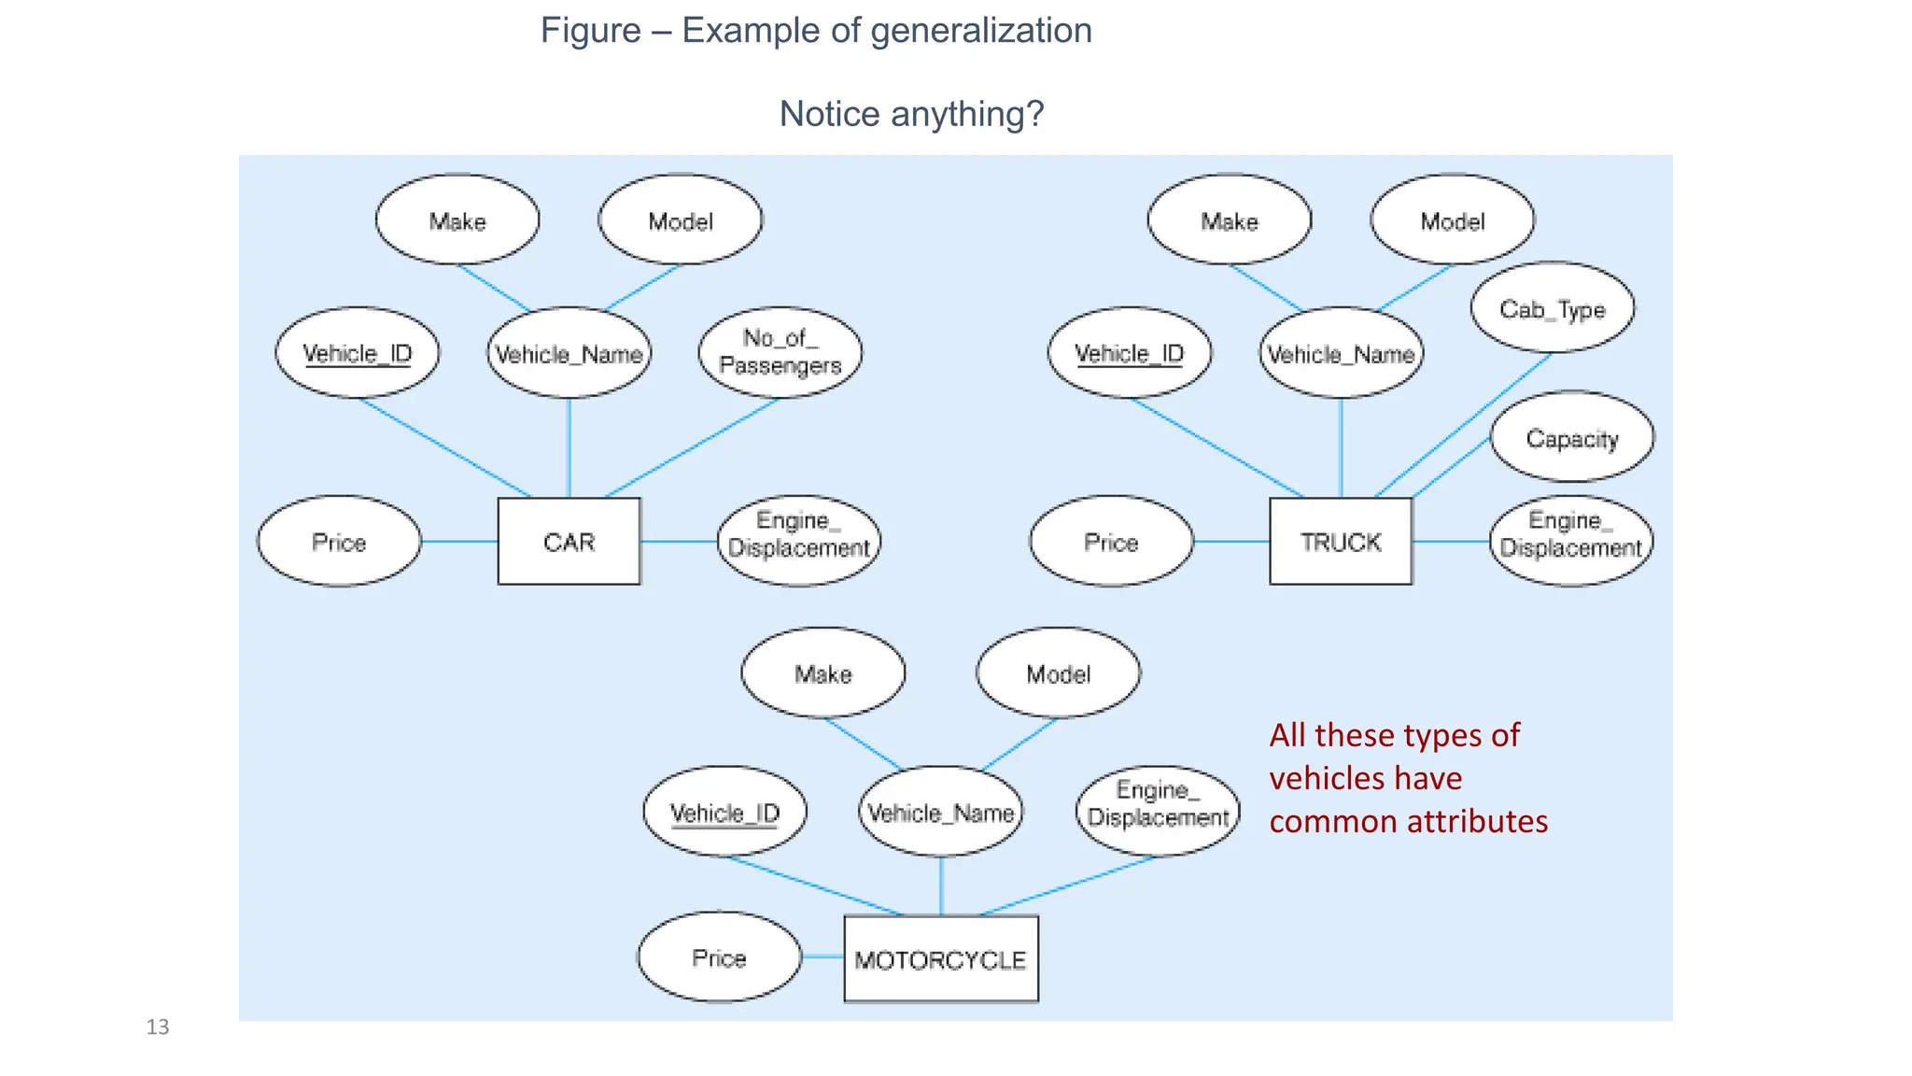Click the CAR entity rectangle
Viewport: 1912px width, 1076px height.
[x=569, y=542]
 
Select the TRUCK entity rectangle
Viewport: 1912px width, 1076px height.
[x=1341, y=542]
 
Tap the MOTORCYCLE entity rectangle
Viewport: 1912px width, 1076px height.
[x=940, y=959]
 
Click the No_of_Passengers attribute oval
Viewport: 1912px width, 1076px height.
[x=780, y=352]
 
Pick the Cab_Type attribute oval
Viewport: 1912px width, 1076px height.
[x=1552, y=308]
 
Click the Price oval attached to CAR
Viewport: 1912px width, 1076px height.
[x=339, y=542]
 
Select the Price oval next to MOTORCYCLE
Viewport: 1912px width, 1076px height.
[x=719, y=957]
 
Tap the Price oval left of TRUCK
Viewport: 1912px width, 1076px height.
[x=1111, y=542]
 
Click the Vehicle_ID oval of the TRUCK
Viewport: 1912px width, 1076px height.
[x=1129, y=353]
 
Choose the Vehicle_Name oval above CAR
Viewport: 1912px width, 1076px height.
[x=569, y=353]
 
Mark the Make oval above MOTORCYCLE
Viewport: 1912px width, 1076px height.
[x=822, y=673]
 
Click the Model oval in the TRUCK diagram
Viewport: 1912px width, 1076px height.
[x=1452, y=220]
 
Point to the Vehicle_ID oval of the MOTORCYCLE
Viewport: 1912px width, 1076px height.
[x=724, y=812]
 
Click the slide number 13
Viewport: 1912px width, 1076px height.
[x=158, y=1027]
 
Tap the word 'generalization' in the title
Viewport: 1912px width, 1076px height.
[x=980, y=31]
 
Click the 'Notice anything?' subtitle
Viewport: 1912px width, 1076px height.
[x=911, y=114]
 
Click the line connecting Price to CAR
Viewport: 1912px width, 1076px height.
[x=459, y=542]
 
